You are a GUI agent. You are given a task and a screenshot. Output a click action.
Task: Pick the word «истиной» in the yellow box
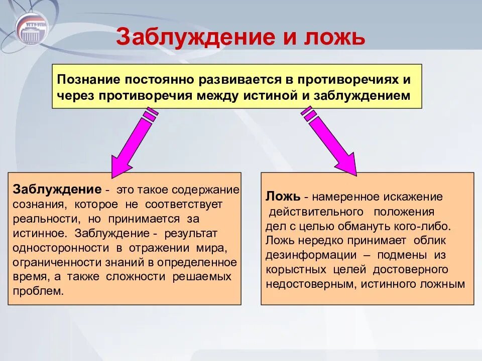pyautogui.click(x=271, y=96)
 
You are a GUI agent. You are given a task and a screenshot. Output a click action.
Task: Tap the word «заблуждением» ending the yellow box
pyautogui.click(x=362, y=96)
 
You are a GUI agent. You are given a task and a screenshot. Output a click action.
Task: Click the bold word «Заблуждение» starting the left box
pyautogui.click(x=57, y=190)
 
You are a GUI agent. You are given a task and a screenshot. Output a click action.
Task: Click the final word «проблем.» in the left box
pyautogui.click(x=38, y=291)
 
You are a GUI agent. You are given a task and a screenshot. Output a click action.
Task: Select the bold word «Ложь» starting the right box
pyautogui.click(x=283, y=197)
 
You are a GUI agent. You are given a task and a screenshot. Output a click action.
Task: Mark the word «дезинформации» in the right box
pyautogui.click(x=311, y=255)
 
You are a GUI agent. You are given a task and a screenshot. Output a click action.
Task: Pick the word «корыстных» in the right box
pyautogui.click(x=296, y=270)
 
